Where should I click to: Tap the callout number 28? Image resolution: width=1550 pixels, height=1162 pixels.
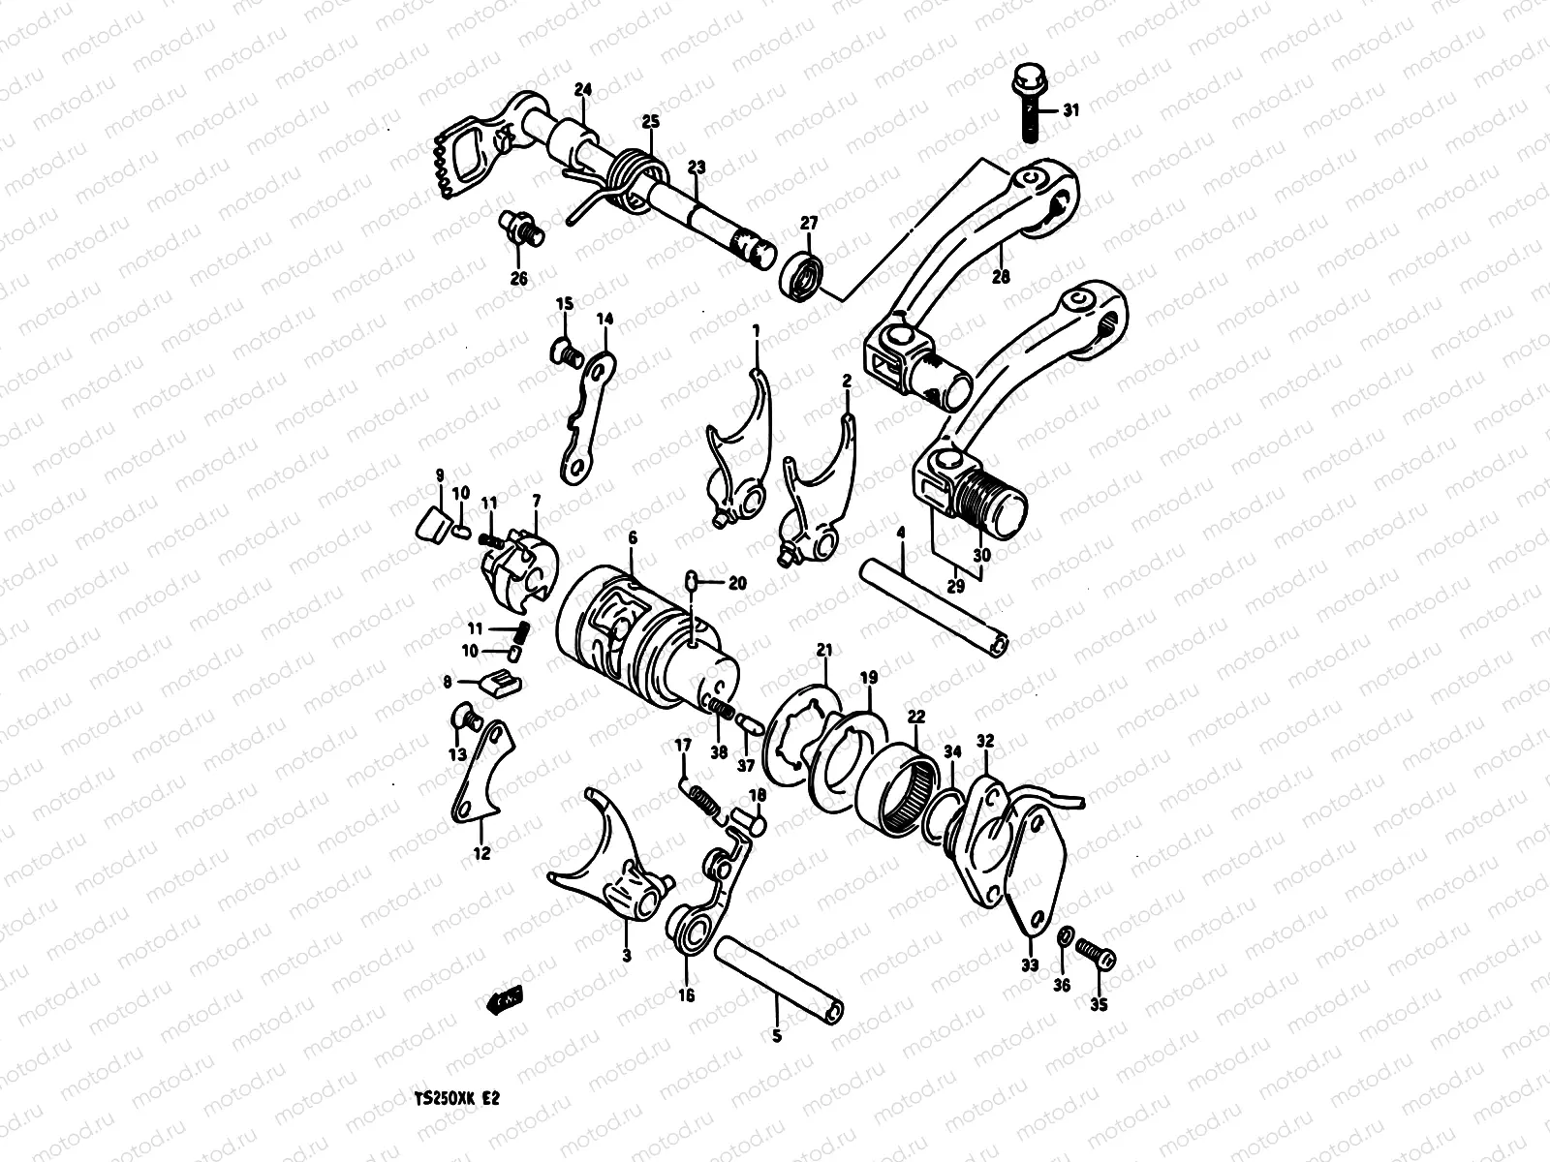[x=1000, y=277]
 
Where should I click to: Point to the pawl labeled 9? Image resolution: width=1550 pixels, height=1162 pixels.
[x=428, y=524]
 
